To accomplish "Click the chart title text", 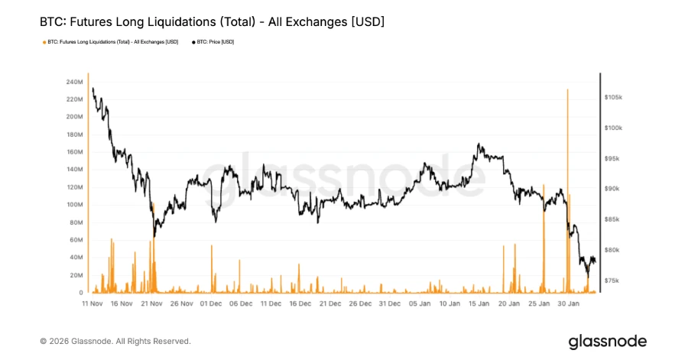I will tap(212, 22).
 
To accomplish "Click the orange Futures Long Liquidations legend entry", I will tap(112, 42).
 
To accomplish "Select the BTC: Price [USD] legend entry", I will tap(216, 42).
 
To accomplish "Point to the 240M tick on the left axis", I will tap(74, 82).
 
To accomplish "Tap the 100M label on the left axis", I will tap(74, 205).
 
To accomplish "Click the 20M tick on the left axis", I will tap(76, 275).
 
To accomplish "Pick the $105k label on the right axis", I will tap(613, 98).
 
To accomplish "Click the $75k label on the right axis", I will tap(612, 281).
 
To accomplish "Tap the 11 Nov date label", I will tap(92, 303).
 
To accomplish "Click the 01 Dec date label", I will tap(211, 303).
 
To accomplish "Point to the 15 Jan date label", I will tap(479, 303).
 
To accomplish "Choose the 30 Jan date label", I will tap(568, 303).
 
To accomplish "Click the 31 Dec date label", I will tap(389, 303).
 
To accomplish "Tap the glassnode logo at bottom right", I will tap(607, 341).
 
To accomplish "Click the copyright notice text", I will tap(115, 341).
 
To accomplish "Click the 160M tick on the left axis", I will tap(74, 152).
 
